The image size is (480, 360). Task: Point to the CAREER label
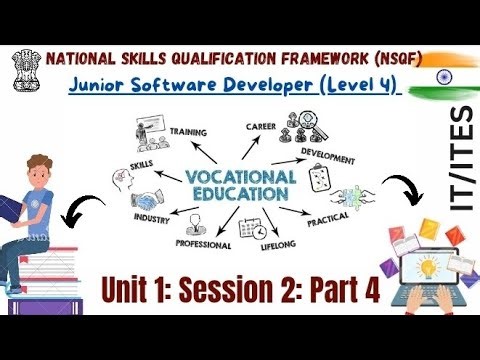pyautogui.click(x=261, y=128)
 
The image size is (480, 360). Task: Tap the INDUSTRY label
pyautogui.click(x=152, y=218)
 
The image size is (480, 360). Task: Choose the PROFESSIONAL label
pyautogui.click(x=203, y=244)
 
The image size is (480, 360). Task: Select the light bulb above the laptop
pyautogui.click(x=423, y=264)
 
